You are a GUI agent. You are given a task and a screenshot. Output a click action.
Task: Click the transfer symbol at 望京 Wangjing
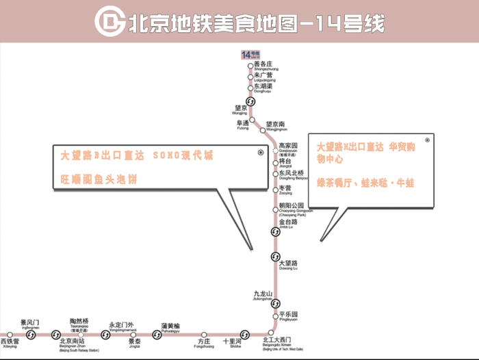(x=250, y=101)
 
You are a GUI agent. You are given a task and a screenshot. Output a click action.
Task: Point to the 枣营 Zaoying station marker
(x=276, y=189)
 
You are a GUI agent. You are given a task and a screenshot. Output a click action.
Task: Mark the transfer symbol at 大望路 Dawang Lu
(x=275, y=257)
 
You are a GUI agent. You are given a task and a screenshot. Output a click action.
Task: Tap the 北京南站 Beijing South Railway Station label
(x=73, y=342)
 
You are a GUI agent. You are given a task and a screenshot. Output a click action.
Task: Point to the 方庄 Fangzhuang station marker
(x=203, y=335)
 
